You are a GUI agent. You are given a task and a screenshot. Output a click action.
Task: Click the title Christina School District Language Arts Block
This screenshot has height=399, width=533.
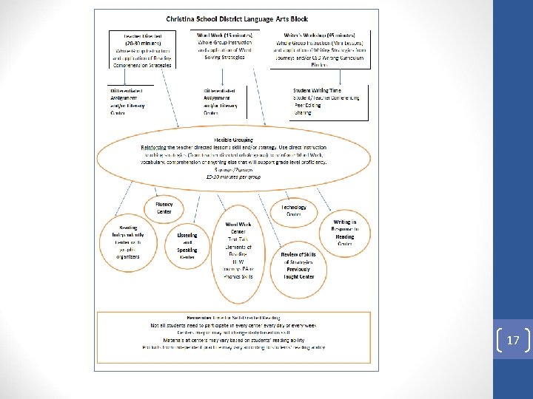[237, 18]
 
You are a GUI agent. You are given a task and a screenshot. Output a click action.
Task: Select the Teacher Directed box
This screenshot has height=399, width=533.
[142, 50]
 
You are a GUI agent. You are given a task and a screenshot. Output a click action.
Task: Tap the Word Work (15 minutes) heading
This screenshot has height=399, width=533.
[225, 35]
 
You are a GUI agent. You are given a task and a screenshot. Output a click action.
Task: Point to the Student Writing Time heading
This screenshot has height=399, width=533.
[321, 90]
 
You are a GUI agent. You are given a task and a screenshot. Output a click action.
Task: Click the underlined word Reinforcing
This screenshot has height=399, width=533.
[155, 147]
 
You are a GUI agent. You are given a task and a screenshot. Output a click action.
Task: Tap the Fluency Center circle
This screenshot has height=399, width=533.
[164, 208]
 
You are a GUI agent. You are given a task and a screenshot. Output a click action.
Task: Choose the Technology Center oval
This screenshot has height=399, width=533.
[294, 211]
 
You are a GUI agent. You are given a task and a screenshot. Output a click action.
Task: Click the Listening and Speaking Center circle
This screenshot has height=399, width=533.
[187, 246]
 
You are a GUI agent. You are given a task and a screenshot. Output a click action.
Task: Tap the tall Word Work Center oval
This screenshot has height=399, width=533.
[238, 249]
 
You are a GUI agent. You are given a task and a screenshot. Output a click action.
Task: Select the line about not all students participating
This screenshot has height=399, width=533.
[234, 325]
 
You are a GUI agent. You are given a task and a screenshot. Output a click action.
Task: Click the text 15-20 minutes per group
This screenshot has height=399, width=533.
[233, 177]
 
